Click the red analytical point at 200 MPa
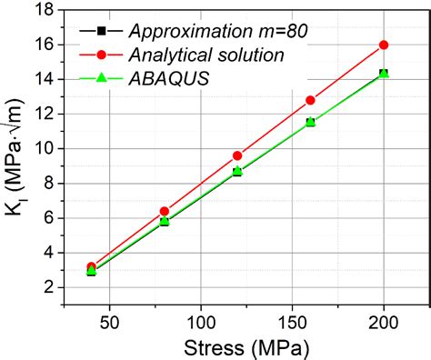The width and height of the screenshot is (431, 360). point(384,45)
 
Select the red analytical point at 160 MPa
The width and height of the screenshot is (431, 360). point(310,100)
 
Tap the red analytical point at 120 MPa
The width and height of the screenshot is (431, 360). point(237,155)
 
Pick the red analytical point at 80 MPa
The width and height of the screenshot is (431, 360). point(165,211)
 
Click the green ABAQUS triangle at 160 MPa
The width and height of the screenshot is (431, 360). point(310,121)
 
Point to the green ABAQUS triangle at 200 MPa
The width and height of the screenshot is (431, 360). point(384,73)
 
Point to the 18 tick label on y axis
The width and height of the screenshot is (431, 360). point(46,10)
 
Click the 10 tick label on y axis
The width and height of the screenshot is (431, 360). point(46,148)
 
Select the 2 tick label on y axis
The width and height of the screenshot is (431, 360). point(51,287)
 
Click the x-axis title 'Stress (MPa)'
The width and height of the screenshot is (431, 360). point(246,347)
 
